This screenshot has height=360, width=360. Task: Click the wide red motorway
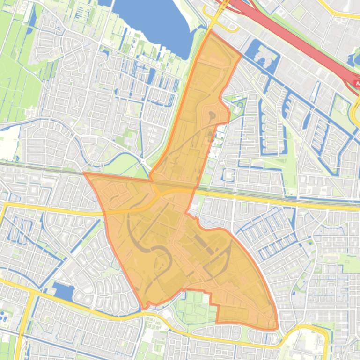300,42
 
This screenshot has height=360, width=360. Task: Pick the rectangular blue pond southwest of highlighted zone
64,291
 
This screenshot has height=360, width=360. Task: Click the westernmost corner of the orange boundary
84,173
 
